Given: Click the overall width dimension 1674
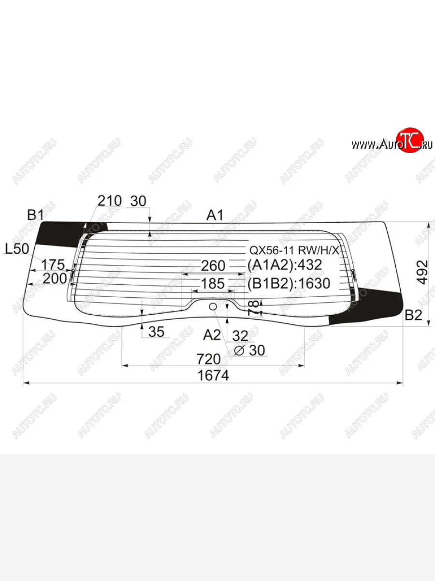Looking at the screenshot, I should (213, 375).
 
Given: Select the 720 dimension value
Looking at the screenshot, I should (208, 359).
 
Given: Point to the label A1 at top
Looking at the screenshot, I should (215, 215).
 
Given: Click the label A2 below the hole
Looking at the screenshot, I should (212, 335).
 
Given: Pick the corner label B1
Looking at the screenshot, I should (36, 214).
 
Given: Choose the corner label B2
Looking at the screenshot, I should (413, 316).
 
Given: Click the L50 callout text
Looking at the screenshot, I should (17, 249).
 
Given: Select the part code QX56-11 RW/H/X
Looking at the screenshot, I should (294, 251).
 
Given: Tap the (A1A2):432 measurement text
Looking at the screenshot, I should (284, 265).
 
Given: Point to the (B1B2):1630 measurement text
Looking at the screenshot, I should (288, 283).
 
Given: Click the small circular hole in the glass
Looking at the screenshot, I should (213, 306).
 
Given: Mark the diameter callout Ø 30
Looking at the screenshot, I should (249, 350).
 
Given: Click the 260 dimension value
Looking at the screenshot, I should (213, 266).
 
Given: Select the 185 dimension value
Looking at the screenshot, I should (213, 284).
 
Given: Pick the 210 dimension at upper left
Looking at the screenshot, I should (109, 200).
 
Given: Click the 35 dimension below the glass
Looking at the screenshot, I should (156, 332).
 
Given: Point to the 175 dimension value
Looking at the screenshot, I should (53, 265).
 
